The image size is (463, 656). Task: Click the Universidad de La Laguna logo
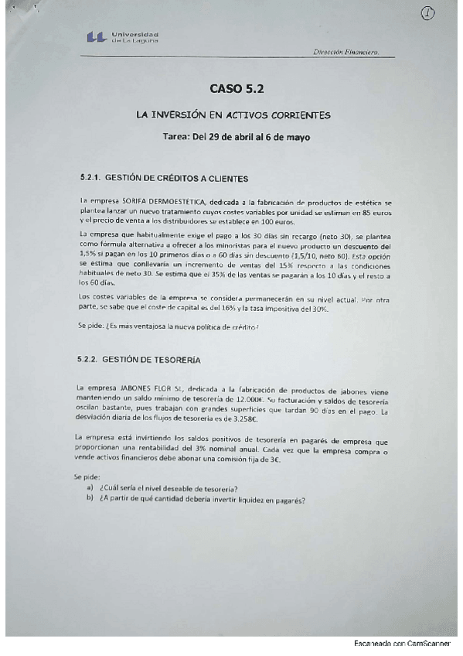[x=123, y=37]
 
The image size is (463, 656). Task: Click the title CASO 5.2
[x=237, y=89]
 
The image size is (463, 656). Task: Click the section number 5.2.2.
[x=90, y=360]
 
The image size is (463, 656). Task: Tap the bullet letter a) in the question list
[x=90, y=488]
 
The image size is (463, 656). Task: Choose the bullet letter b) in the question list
[x=90, y=499]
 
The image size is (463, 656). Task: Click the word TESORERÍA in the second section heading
[x=173, y=360]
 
